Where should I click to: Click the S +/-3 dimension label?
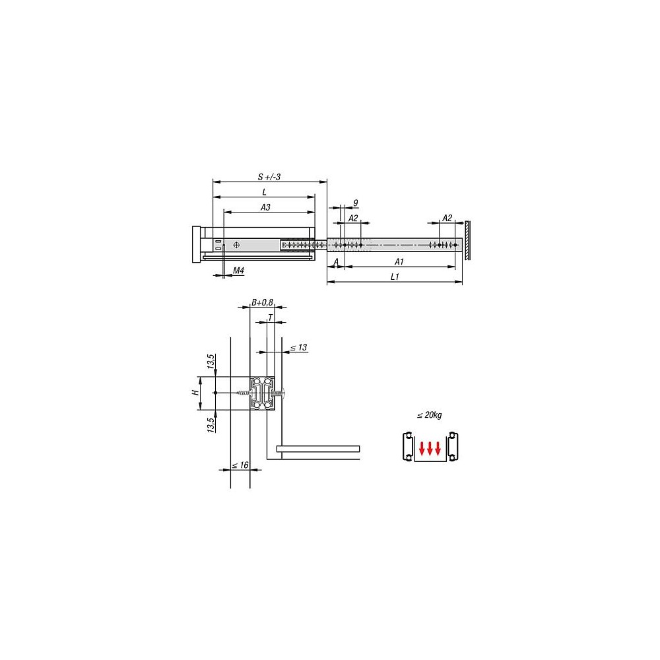click(269, 177)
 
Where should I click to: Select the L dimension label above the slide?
click(265, 192)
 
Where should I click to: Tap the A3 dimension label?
click(265, 207)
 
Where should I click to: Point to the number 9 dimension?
click(356, 203)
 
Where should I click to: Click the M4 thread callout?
click(239, 271)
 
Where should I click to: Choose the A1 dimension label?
click(399, 262)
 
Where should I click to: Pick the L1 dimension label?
click(395, 277)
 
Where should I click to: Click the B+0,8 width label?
click(262, 302)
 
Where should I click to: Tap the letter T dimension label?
click(270, 317)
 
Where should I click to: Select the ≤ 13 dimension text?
click(299, 348)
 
